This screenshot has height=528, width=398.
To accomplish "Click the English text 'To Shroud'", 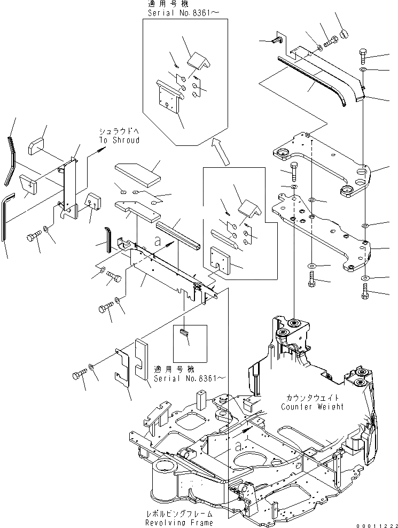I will click(119, 140).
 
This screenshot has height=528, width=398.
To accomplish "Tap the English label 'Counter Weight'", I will click(312, 407).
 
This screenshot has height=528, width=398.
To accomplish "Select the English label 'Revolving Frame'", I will click(179, 522).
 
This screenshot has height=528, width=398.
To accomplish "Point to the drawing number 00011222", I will click(378, 523).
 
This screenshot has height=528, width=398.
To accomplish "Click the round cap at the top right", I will click(342, 34).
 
